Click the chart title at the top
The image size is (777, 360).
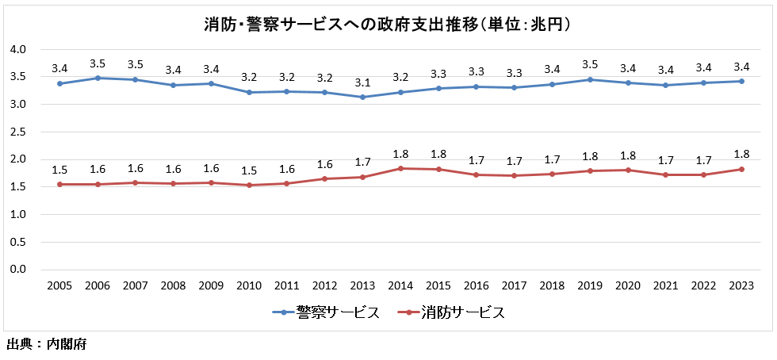pos(388,24)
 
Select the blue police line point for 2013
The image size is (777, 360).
pos(362,98)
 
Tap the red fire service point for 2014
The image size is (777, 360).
pos(400,168)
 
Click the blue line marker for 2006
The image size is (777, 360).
pos(98,78)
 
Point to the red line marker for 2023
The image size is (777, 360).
pos(741,169)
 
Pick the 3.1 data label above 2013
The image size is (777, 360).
pos(362,82)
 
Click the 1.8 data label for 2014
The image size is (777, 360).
pos(400,153)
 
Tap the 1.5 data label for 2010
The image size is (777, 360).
pos(249,170)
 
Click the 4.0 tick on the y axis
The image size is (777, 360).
pos(18,49)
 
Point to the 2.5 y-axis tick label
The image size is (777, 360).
pos(18,132)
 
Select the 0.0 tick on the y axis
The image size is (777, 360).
pos(18,270)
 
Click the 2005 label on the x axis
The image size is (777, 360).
pos(59,286)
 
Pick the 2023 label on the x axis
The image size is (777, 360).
pos(741,286)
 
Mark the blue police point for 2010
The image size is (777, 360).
pos(249,92)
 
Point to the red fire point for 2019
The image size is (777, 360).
pos(590,171)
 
